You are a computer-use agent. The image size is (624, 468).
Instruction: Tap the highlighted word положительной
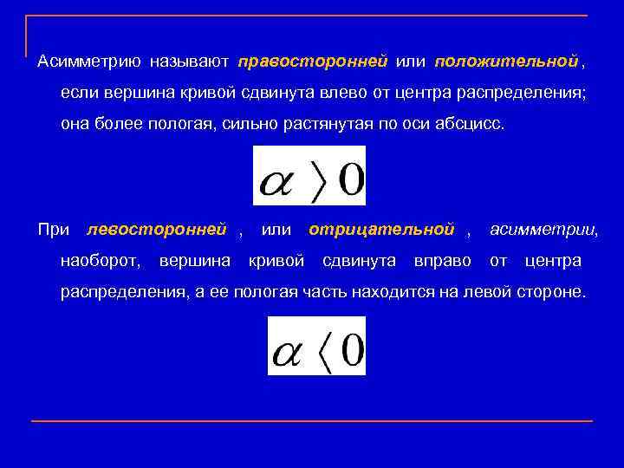[x=506, y=62]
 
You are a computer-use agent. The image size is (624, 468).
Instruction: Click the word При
[x=54, y=230]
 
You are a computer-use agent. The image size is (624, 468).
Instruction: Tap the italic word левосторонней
[x=156, y=230]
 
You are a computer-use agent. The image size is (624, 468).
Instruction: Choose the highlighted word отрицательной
[x=381, y=230]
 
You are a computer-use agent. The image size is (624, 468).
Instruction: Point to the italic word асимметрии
[x=543, y=230]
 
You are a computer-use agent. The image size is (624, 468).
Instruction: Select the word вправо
[x=442, y=261]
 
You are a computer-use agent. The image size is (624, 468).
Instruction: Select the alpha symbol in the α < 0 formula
[x=288, y=354]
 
